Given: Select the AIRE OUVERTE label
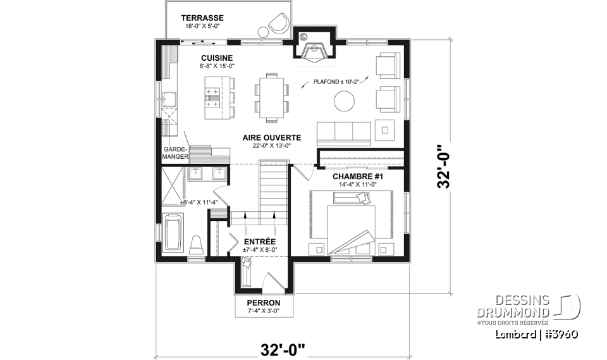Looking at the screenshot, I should click(x=271, y=137).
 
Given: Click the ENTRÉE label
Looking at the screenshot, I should click(x=259, y=241).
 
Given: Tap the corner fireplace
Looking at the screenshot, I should click(x=312, y=51).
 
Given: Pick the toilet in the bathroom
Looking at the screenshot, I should click(x=196, y=244).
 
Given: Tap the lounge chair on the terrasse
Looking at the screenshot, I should click(x=276, y=25).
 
